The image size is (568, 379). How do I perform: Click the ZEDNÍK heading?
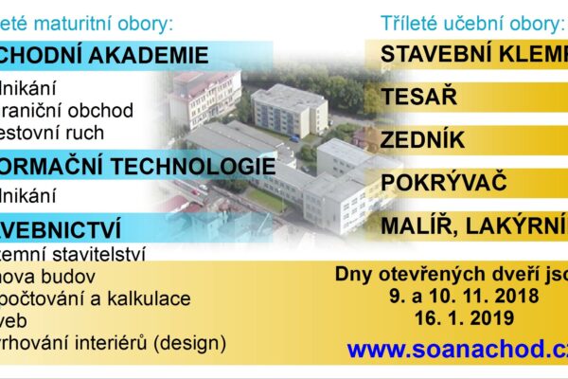pyautogui.click(x=422, y=139)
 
